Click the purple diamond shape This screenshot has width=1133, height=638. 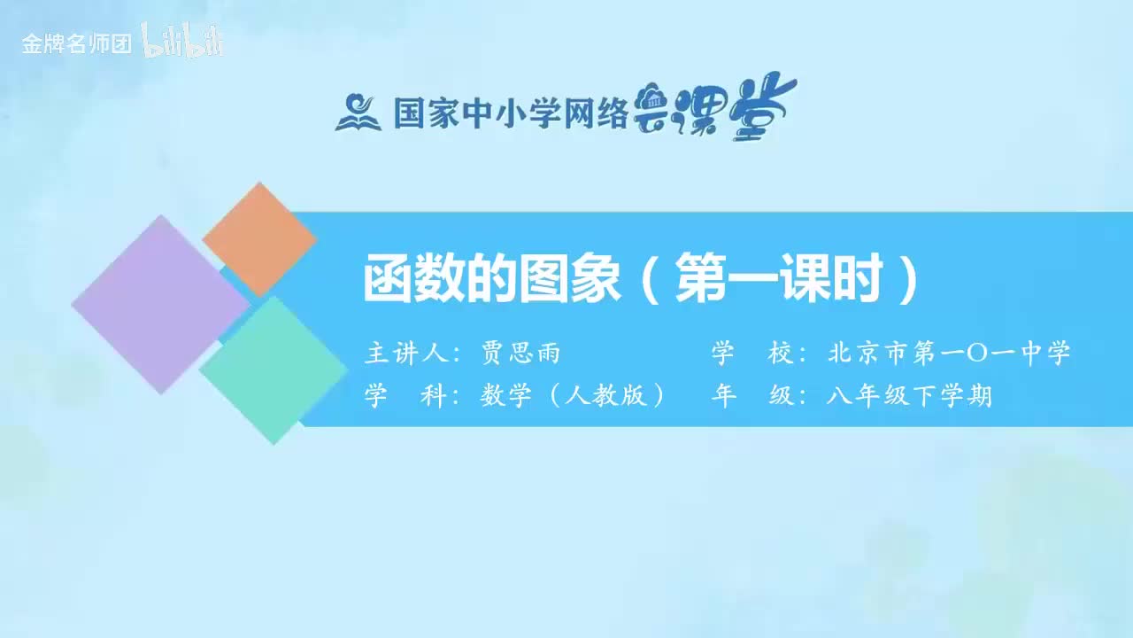(x=159, y=304)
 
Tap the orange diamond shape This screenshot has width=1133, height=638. (x=259, y=239)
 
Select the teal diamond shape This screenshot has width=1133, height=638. (x=274, y=370)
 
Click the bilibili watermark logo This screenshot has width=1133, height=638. (x=182, y=43)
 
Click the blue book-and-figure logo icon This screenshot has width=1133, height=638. (x=358, y=113)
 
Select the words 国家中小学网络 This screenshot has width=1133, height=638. (x=510, y=113)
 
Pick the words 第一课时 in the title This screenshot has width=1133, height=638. (x=780, y=280)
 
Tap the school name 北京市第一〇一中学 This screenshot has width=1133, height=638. (x=949, y=354)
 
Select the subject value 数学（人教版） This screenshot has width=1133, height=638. (x=573, y=396)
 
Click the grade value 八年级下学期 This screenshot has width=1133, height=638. (x=909, y=396)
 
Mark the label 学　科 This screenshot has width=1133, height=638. (x=405, y=396)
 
